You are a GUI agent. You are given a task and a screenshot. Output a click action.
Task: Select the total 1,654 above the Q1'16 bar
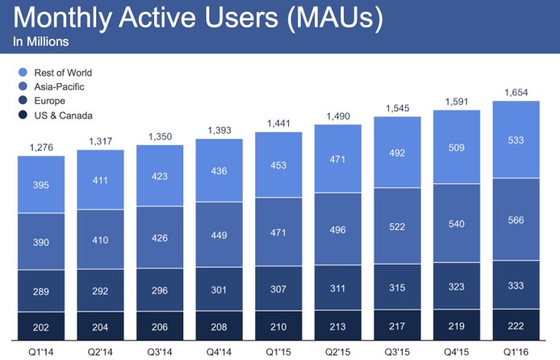point(516,93)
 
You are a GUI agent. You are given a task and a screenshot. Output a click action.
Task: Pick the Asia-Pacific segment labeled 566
point(516,219)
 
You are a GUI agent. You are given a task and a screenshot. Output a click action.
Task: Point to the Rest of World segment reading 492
point(399,151)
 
